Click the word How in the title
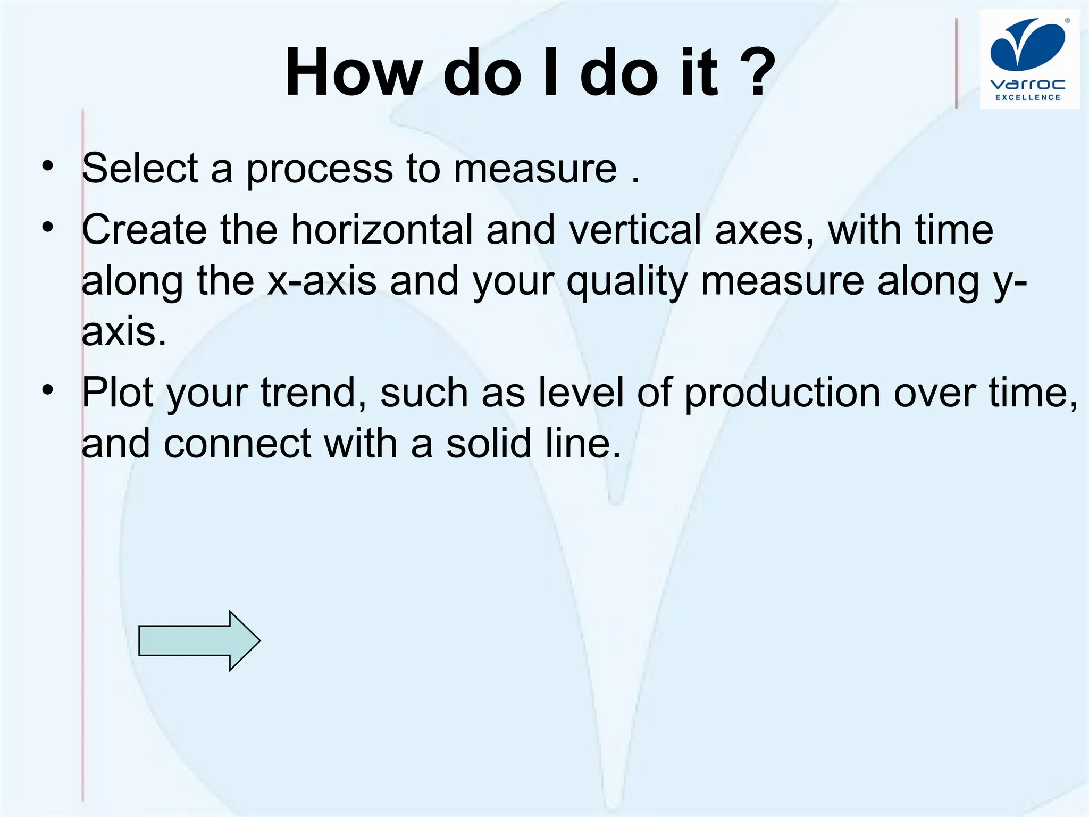tap(354, 72)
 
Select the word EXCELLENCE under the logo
tap(1028, 97)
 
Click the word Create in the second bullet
tap(144, 230)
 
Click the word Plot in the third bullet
tap(118, 393)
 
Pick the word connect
tap(237, 445)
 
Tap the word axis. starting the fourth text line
tap(124, 332)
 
